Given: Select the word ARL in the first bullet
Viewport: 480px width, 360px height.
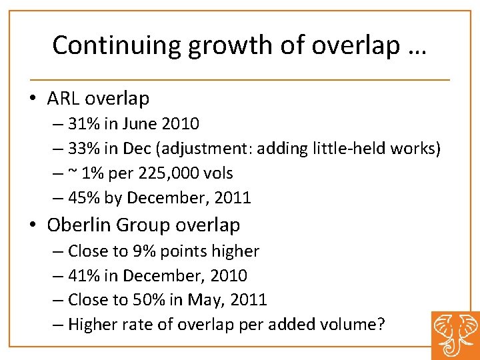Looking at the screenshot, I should pos(62,98).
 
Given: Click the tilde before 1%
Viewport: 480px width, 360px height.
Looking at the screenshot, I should pos(72,173).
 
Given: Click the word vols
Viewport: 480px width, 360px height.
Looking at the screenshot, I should pos(219,173).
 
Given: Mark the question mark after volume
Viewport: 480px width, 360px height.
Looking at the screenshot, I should pos(380,325).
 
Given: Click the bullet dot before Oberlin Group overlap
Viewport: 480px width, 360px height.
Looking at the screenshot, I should pos(33,225).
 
